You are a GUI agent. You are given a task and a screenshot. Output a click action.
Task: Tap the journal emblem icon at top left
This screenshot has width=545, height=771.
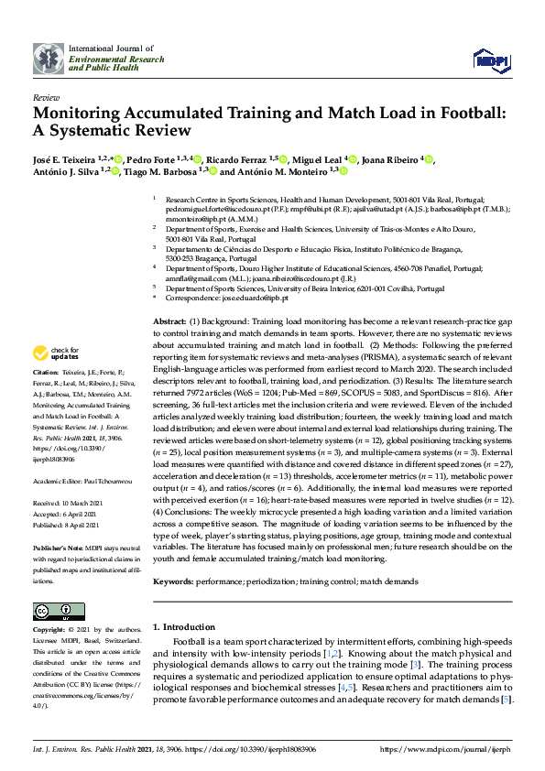(49, 58)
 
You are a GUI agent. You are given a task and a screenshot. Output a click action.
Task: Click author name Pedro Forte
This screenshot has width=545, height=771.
(152, 159)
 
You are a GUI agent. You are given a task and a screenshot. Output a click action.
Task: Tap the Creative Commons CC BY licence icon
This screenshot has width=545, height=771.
(52, 612)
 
